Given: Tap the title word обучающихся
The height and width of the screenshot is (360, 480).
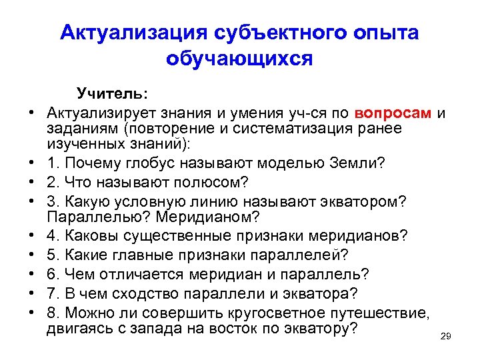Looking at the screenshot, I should (239, 59).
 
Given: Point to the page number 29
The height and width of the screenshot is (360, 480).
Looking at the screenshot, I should (446, 337).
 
